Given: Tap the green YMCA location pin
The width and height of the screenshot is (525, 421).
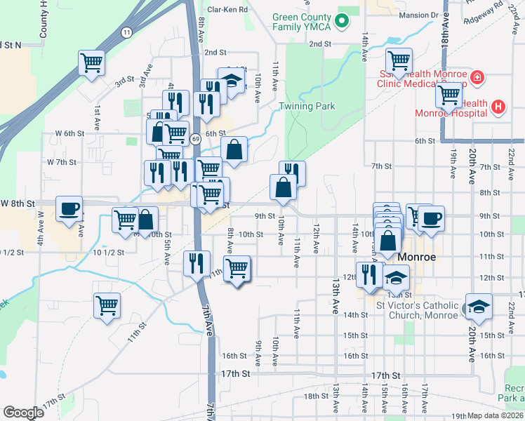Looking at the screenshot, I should pyautogui.click(x=342, y=21).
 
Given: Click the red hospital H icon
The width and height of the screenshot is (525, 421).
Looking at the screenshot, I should pyautogui.click(x=498, y=107).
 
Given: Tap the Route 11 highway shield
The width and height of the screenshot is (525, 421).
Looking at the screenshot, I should pyautogui.click(x=126, y=33).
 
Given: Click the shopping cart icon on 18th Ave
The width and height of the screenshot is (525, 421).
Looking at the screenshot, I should pyautogui.click(x=449, y=95).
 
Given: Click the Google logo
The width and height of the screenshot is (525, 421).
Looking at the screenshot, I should pyautogui.click(x=23, y=412).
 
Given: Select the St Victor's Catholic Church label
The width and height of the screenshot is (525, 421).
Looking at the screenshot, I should pyautogui.click(x=417, y=309).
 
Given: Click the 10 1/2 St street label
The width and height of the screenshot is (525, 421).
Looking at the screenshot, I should pyautogui.click(x=15, y=252).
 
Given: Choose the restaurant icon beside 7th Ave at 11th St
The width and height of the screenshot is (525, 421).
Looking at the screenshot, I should pyautogui.click(x=196, y=264).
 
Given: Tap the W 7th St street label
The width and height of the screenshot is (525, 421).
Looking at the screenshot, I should pyautogui.click(x=61, y=162).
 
